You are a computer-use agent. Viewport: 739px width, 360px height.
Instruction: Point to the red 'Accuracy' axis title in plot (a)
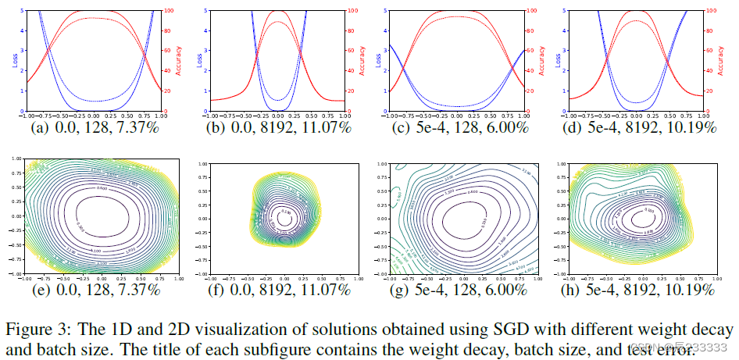tap(178, 59)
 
